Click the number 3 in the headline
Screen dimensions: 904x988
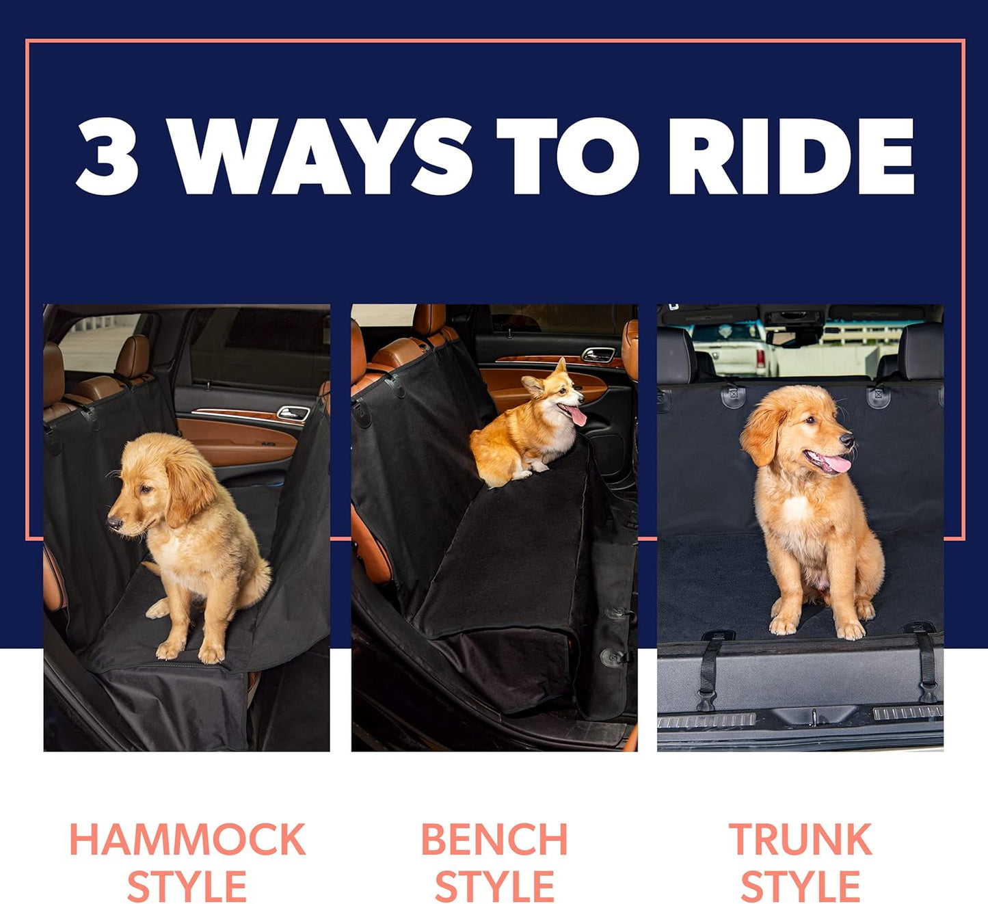107,156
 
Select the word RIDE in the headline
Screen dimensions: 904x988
790,156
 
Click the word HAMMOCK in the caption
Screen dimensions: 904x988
187,840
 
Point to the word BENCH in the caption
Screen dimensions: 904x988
494,840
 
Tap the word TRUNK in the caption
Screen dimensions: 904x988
800,840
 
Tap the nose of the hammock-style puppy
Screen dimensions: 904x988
114,524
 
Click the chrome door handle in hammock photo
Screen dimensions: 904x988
293,412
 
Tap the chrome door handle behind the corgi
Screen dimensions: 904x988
597,354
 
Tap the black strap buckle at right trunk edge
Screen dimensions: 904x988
928,686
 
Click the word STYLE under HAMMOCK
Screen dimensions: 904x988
187,887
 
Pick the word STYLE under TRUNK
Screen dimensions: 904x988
800,887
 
